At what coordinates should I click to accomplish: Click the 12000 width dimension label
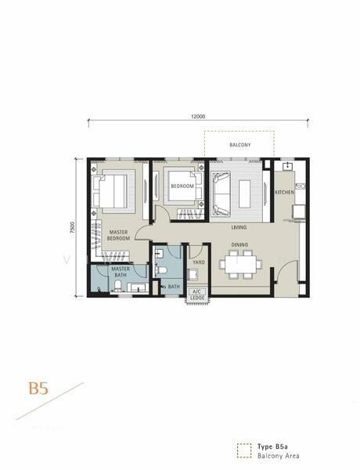tap(198, 116)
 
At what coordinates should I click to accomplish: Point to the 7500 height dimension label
tap(73, 227)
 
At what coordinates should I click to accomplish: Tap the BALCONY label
tap(240, 145)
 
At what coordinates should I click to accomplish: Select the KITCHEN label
tap(284, 192)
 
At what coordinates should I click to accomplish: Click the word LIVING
tap(239, 227)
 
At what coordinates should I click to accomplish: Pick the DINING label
tap(239, 245)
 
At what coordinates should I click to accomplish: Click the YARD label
tap(199, 262)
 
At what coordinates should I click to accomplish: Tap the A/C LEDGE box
tap(197, 295)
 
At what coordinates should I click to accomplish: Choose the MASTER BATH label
tap(121, 272)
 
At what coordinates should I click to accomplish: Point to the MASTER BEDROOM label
tap(118, 235)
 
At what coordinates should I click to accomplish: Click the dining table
tap(240, 265)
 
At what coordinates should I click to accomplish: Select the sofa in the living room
tap(221, 193)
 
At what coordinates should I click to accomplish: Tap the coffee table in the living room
tap(244, 193)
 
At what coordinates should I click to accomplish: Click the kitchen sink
tap(287, 166)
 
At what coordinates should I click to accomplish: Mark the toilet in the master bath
tap(117, 286)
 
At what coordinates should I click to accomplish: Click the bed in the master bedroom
tap(110, 191)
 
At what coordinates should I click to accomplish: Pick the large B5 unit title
tap(38, 389)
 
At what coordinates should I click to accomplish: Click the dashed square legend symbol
tap(244, 451)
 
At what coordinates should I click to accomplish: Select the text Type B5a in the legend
tap(272, 447)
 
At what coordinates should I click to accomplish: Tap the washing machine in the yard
tap(193, 275)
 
